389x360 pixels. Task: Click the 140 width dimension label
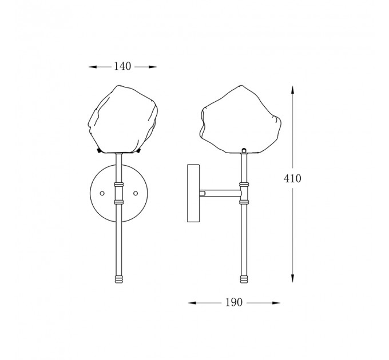[122, 66]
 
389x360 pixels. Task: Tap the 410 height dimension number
[292, 178]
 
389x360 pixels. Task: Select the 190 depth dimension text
[234, 302]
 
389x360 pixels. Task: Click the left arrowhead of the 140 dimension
[93, 67]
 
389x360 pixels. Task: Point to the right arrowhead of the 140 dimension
[153, 67]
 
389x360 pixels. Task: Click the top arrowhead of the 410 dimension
[293, 90]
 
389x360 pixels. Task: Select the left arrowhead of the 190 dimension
[192, 303]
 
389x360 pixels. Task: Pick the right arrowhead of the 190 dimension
[276, 303]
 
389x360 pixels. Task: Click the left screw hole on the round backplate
[102, 193]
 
